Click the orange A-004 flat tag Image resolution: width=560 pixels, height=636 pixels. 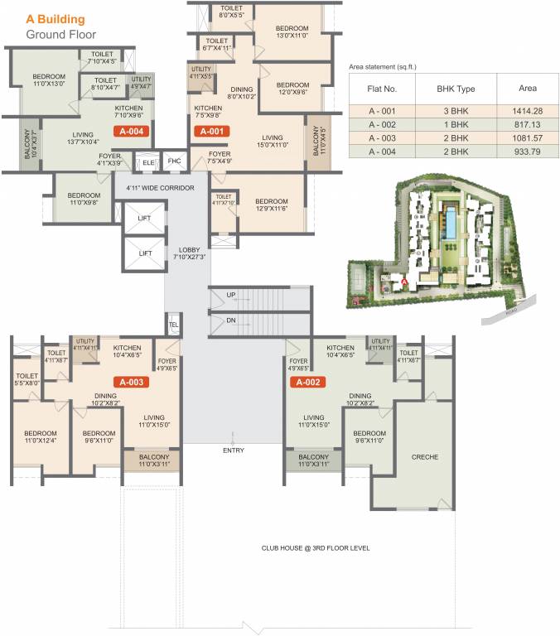point(133,131)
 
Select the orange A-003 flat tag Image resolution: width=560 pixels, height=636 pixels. point(133,383)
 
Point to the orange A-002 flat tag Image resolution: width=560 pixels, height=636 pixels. point(307,383)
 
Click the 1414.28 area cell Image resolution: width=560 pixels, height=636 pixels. point(528,110)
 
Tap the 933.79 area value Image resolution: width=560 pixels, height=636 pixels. point(528,152)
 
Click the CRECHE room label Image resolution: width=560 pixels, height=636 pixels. point(424,457)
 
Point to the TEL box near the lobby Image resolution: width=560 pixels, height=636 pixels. point(174,324)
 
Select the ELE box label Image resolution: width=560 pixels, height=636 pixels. point(148,162)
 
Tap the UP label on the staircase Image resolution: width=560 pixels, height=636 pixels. point(231,295)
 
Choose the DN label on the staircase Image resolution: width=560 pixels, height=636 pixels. point(231,320)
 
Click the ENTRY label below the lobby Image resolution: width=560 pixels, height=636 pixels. point(234,450)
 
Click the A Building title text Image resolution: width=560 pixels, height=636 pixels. point(56,17)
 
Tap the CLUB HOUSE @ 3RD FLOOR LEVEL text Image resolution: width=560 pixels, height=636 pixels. point(316,548)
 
